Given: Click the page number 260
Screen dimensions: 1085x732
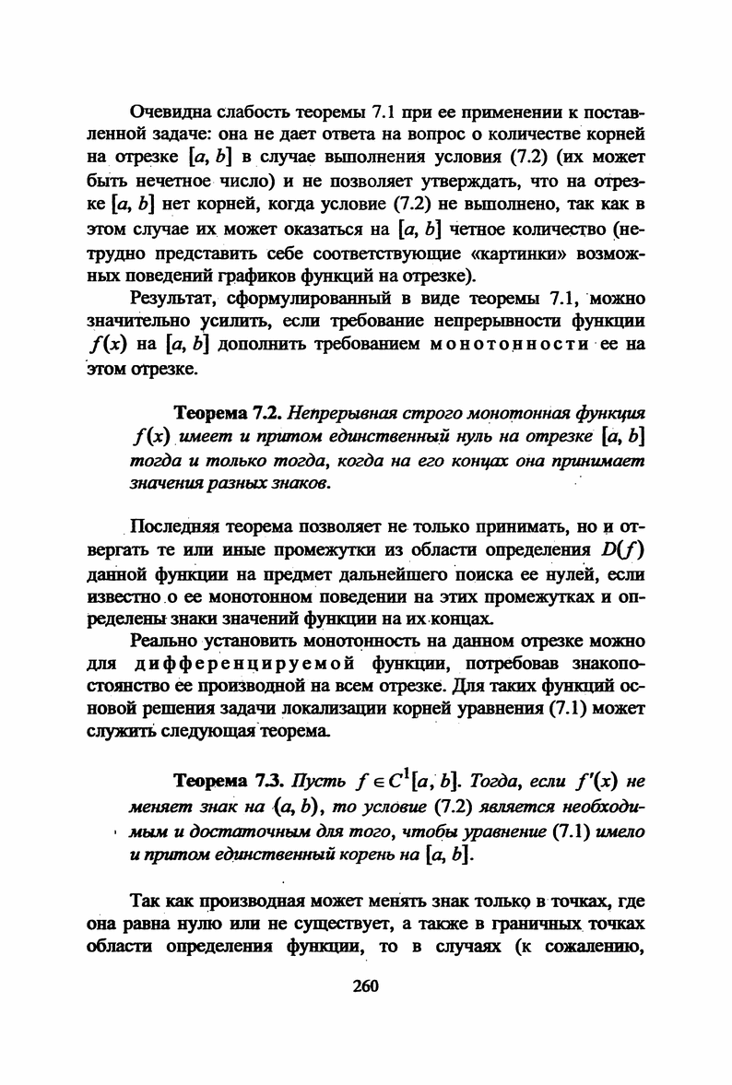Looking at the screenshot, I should tap(366, 986).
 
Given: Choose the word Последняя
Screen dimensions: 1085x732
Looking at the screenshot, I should tap(178, 527).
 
